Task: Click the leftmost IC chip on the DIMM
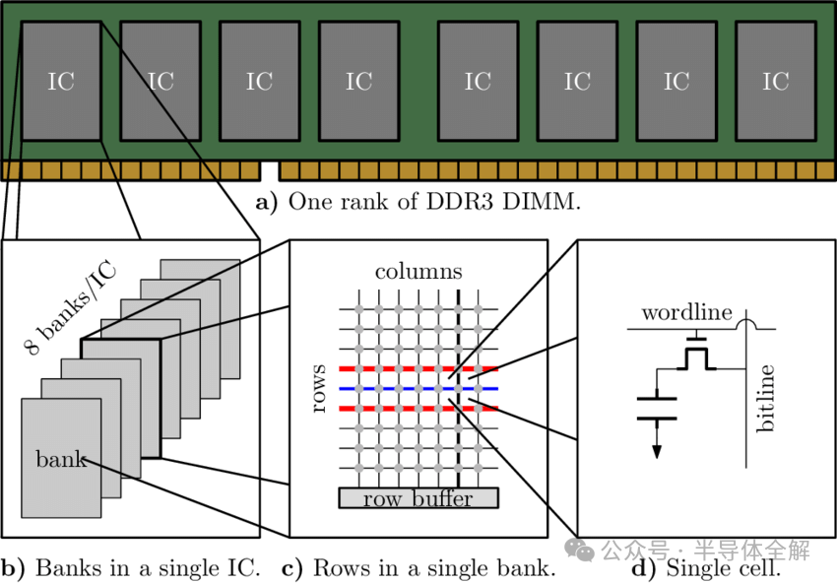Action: point(61,81)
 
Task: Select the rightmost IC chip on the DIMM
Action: point(776,81)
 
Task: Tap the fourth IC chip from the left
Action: point(358,81)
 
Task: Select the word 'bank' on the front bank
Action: point(61,459)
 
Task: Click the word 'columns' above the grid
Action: point(418,271)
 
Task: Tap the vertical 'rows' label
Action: point(318,389)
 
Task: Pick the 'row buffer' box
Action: point(418,498)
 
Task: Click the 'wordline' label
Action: point(686,313)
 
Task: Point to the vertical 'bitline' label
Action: point(767,399)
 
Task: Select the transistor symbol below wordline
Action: point(698,357)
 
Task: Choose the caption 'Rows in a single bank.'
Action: point(418,568)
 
